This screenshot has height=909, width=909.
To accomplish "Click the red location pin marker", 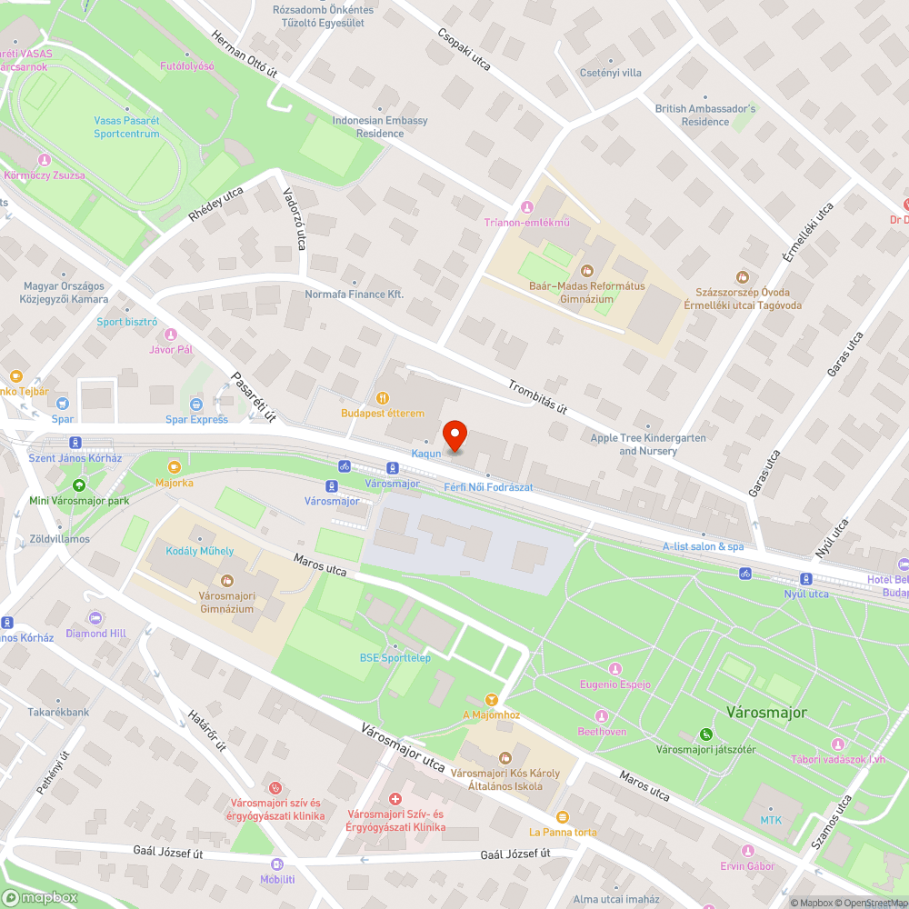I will [x=454, y=435].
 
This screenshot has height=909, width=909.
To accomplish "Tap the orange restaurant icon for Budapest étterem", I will [x=383, y=397].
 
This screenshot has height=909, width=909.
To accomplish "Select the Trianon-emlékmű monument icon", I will [x=526, y=207].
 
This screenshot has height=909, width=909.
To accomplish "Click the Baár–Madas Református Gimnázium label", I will [x=586, y=292].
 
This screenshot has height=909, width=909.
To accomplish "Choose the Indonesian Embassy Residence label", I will [x=380, y=126].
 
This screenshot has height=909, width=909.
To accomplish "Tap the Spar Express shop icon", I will [x=196, y=404].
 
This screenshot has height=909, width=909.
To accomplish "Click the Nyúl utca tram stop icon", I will [x=806, y=579].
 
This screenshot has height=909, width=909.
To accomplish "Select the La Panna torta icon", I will [x=563, y=816].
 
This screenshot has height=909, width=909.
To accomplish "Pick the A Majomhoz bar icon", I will [x=493, y=699].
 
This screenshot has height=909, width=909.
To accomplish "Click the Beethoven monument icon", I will [x=601, y=716].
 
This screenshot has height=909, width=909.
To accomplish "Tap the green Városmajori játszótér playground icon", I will [x=705, y=734].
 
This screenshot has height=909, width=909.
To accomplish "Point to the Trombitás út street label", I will [x=538, y=396].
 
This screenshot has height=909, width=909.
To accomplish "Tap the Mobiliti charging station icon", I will [x=277, y=864].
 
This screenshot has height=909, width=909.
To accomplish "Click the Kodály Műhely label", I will [x=199, y=551].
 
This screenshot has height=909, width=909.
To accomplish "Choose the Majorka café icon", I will [x=174, y=467].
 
